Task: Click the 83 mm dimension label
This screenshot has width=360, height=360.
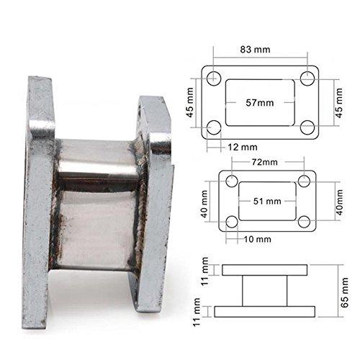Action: pyautogui.click(x=255, y=50)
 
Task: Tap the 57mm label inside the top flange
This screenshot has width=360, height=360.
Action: pyautogui.click(x=260, y=103)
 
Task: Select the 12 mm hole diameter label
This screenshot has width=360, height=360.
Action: pyautogui.click(x=243, y=147)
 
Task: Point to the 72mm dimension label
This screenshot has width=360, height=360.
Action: pyautogui.click(x=265, y=162)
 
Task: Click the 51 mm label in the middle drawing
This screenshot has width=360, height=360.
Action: pyautogui.click(x=267, y=201)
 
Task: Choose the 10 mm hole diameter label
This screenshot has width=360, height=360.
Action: pyautogui.click(x=258, y=239)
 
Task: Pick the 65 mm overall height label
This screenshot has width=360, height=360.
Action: pyautogui.click(x=344, y=292)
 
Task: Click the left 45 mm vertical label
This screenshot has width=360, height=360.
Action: pyautogui.click(x=190, y=102)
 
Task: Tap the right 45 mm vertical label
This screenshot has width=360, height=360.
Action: pyautogui.click(x=339, y=103)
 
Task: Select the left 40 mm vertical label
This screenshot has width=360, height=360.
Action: pyautogui.click(x=204, y=204)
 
